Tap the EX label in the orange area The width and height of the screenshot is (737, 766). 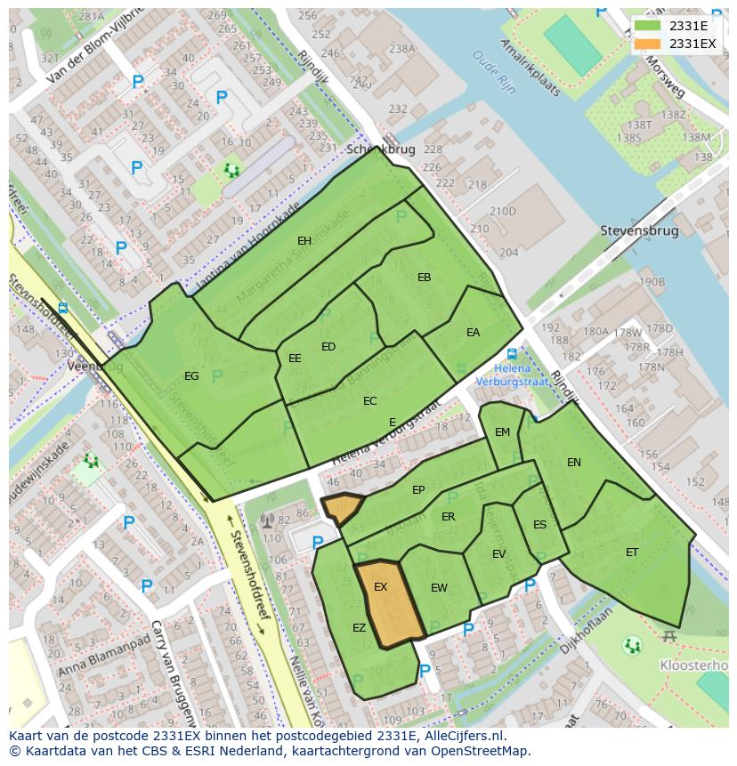380,587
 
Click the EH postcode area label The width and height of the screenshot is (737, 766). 304,241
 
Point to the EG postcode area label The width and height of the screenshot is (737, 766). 191,376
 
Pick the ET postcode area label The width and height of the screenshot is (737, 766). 632,552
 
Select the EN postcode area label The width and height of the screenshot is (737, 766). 574,463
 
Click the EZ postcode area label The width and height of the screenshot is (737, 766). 359,628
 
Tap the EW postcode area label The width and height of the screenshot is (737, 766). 439,588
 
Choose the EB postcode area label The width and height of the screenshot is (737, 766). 424,278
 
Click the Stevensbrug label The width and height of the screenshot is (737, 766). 639,231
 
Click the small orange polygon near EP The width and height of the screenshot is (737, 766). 342,507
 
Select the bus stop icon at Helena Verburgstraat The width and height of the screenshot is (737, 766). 512,353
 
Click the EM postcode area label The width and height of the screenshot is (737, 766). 502,432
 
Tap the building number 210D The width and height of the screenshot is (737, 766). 502,211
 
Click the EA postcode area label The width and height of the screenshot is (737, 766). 473,333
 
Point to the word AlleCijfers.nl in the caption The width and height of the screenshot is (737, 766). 463,736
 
